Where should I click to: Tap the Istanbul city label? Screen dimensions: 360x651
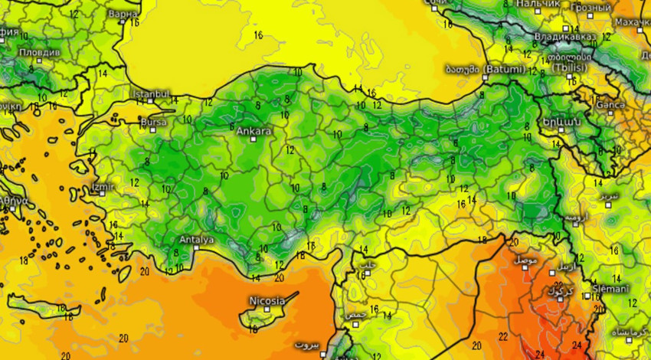[151, 93]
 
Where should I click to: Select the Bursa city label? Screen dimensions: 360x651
[153, 121]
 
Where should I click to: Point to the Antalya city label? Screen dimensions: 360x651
[196, 240]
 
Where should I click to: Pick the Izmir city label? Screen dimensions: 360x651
[103, 186]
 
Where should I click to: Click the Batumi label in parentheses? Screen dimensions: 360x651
[505, 69]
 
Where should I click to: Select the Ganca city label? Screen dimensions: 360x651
[610, 104]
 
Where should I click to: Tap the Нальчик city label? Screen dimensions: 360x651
[538, 4]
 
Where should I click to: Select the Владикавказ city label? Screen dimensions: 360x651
[565, 35]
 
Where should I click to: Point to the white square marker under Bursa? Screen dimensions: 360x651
[152, 129]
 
